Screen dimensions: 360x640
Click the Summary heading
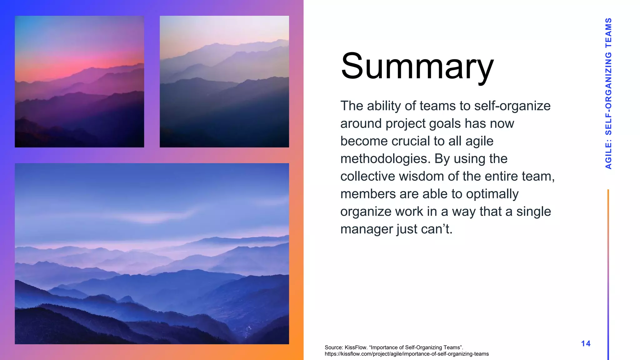[417, 67]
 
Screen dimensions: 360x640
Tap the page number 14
[586, 343]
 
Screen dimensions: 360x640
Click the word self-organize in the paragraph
[512, 106]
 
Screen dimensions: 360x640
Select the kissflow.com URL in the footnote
[407, 354]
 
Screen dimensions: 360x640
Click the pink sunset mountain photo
[79, 82]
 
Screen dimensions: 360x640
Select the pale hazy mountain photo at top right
[224, 82]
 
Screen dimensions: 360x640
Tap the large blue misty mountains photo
[152, 253]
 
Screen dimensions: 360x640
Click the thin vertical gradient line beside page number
[608, 275]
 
